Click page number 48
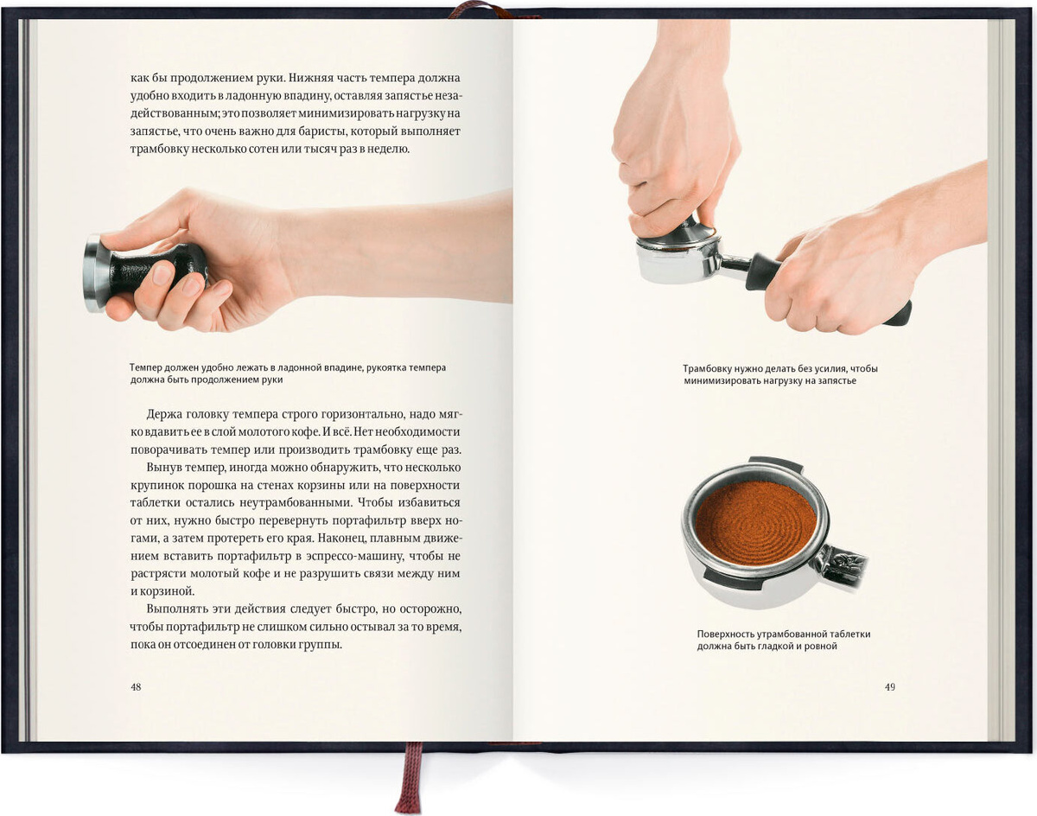pyautogui.click(x=136, y=687)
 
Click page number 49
pyautogui.click(x=889, y=687)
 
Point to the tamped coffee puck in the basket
pyautogui.click(x=756, y=524)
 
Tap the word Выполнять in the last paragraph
pyautogui.click(x=176, y=609)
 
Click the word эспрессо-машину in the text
pyautogui.click(x=355, y=556)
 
